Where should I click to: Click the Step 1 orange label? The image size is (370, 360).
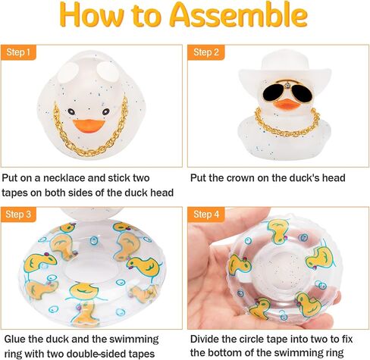[x=18, y=52]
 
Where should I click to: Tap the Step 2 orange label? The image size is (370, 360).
[x=206, y=52]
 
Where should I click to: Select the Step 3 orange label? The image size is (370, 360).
[x=18, y=214]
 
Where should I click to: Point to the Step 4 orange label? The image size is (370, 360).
[x=206, y=214]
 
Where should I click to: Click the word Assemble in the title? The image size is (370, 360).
[x=239, y=14]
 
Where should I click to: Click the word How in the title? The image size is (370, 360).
[x=92, y=15]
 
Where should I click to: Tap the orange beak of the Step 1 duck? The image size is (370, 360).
[x=89, y=125]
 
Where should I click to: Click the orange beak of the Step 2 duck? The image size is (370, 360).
[x=287, y=104]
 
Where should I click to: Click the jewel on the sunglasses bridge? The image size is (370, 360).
[x=287, y=86]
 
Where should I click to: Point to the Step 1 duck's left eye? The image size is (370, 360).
[x=71, y=111]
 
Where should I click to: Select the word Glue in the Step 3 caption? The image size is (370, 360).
[x=14, y=339]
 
